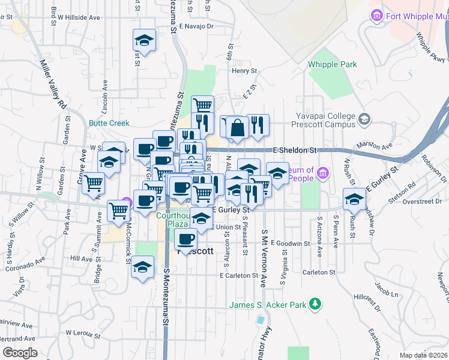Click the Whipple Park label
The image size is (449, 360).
332,64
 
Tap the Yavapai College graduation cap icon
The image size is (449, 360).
364,119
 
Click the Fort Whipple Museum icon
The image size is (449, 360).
377,14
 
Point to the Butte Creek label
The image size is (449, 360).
109,123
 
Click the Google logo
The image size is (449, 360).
20,352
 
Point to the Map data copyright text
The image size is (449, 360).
423,355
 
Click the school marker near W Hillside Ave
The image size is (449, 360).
144,41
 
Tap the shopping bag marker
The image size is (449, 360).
238,128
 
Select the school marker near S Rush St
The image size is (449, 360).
354,199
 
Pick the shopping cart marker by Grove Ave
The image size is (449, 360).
94,183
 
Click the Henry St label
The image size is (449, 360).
244,71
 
